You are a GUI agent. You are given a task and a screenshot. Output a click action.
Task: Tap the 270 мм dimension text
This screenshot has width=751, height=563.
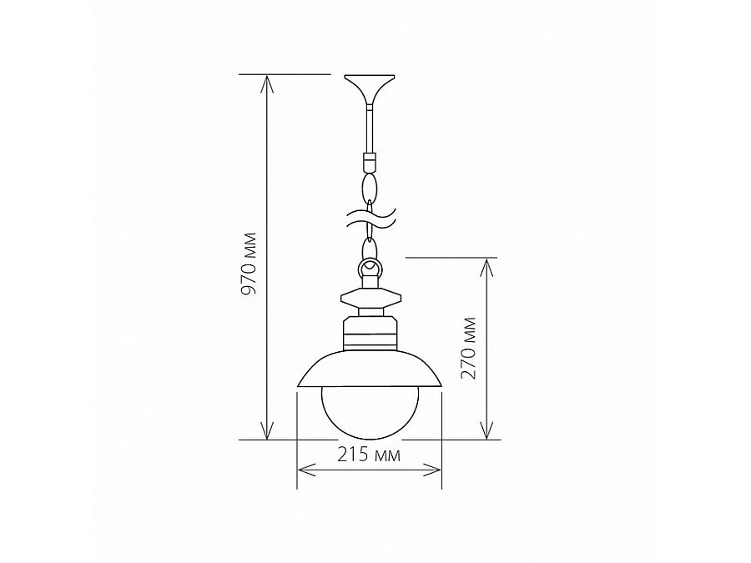point(469,348)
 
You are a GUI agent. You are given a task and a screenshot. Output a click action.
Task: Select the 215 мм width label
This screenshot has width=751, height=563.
point(369,455)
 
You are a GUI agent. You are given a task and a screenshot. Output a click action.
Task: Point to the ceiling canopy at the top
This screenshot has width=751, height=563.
point(369,86)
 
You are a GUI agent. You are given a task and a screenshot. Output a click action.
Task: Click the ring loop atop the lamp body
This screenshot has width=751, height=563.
point(369,268)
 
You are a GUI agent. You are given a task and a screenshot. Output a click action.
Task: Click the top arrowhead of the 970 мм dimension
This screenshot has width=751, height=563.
point(266,82)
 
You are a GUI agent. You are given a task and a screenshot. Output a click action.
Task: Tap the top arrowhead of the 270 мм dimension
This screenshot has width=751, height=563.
point(486,264)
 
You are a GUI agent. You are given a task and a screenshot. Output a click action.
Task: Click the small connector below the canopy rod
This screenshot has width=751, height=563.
point(369,158)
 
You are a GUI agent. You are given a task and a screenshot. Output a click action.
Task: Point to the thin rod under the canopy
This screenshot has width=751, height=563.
point(369,129)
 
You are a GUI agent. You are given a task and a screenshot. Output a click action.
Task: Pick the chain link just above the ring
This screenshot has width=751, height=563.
point(369,247)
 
